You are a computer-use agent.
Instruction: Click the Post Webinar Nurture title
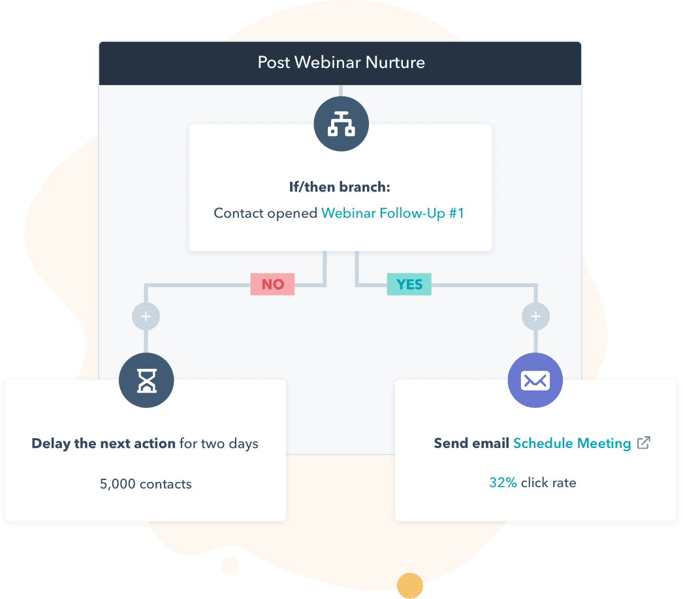pyautogui.click(x=341, y=63)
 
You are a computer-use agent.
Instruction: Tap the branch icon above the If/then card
pyautogui.click(x=341, y=124)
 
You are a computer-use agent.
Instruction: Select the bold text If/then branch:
pyautogui.click(x=340, y=187)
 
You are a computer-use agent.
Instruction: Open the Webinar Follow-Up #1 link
pyautogui.click(x=392, y=213)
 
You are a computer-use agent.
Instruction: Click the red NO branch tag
pyautogui.click(x=272, y=284)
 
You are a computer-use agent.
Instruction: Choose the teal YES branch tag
pyautogui.click(x=409, y=284)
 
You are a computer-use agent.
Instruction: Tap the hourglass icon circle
pyautogui.click(x=146, y=381)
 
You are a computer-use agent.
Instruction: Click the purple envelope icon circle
pyautogui.click(x=535, y=381)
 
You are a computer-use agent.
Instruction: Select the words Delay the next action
pyautogui.click(x=103, y=443)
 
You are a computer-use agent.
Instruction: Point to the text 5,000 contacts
pyautogui.click(x=146, y=484)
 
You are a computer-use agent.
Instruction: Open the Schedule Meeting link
pyautogui.click(x=572, y=443)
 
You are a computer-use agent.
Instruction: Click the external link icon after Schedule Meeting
pyautogui.click(x=644, y=443)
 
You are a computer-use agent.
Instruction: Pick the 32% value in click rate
pyautogui.click(x=503, y=483)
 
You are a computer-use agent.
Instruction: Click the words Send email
pyautogui.click(x=471, y=443)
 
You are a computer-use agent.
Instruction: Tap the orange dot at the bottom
pyautogui.click(x=411, y=585)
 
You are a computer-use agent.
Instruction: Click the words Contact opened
pyautogui.click(x=266, y=213)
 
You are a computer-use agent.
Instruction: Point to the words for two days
pyautogui.click(x=219, y=443)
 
